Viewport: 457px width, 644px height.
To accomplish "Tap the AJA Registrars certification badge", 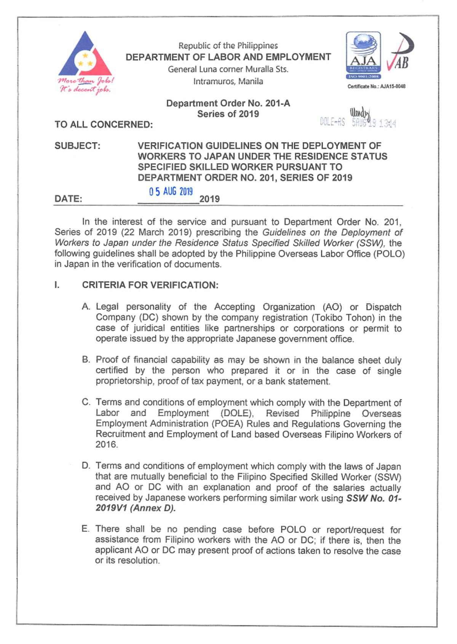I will (363, 55).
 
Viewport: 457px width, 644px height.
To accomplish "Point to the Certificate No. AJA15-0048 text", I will (376, 87).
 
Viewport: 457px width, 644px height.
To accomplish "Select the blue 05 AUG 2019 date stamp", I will (171, 192).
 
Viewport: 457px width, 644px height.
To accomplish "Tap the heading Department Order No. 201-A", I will (228, 103).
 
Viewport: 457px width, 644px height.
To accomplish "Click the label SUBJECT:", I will (77, 146).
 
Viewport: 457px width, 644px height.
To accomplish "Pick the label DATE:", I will (68, 199).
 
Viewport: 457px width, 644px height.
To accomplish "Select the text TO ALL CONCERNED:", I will (104, 125).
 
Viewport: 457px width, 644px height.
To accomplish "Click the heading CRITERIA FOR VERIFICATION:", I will (150, 285).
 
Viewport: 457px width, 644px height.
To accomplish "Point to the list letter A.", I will (86, 307).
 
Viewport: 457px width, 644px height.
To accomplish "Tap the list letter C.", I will (86, 402).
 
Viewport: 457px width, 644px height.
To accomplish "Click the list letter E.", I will (85, 529).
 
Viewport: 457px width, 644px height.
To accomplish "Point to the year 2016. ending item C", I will (107, 445).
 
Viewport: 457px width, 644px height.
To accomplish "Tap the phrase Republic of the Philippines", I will (228, 46).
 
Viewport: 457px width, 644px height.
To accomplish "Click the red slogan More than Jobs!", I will (86, 81).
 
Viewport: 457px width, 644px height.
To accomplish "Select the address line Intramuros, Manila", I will (228, 81).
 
